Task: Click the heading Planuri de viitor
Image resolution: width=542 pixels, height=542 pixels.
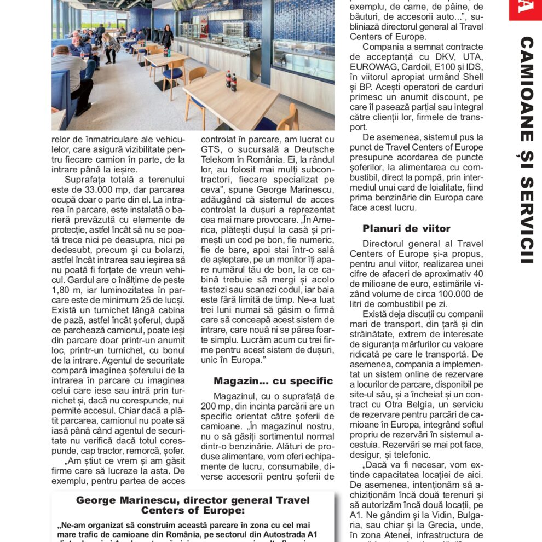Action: tap(406, 229)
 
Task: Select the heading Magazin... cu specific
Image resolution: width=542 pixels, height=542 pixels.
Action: tap(273, 381)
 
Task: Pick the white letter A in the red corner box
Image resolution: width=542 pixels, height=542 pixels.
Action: tap(524, 8)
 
